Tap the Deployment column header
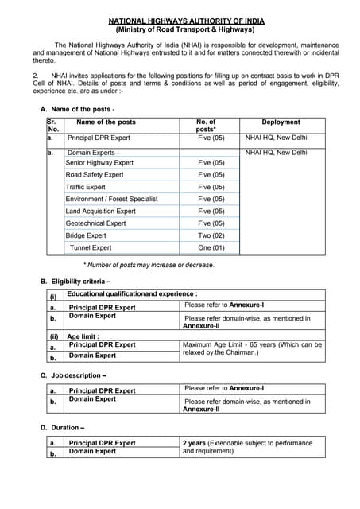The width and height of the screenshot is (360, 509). click(281, 122)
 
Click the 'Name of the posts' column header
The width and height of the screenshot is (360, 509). click(106, 122)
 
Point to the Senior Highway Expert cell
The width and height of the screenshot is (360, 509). click(99, 163)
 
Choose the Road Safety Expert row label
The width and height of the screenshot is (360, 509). click(95, 175)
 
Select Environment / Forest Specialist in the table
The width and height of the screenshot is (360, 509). click(111, 199)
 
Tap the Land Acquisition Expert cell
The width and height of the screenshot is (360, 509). click(100, 212)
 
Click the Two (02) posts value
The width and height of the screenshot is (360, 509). click(211, 235)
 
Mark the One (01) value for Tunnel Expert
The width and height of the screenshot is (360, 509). click(211, 248)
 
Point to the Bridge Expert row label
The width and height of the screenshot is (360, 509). click(86, 235)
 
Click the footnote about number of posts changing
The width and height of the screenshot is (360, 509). click(149, 265)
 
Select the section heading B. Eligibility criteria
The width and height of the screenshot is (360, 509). click(75, 282)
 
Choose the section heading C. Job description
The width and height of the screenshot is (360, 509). click(73, 375)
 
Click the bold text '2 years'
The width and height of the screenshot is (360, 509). click(195, 443)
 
